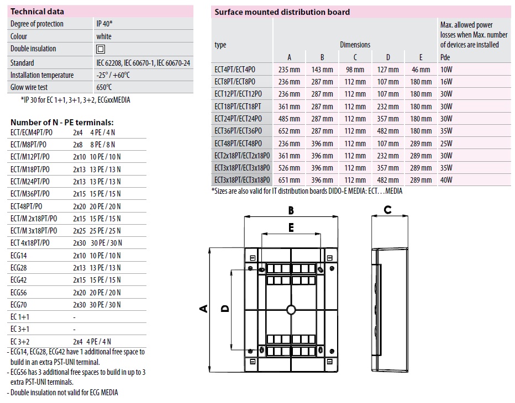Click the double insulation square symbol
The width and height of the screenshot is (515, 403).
pos(101,49)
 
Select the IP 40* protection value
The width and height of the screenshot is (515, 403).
pos(104,24)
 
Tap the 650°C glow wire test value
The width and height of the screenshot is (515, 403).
pos(104,87)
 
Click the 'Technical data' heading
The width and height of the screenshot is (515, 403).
pos(38,11)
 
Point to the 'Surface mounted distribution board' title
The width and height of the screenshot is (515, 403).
pos(282,12)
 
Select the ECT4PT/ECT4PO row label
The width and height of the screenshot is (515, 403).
pos(242,70)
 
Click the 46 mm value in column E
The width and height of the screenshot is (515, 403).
pos(421,70)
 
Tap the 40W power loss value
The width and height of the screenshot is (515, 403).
pos(446,180)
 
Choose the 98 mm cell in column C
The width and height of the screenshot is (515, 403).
pos(355,70)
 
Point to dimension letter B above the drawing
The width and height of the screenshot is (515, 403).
pos(291,210)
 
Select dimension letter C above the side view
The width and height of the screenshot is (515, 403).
pos(387,210)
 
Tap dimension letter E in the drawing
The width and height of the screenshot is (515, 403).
pos(291,226)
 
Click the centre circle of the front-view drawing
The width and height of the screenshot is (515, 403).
pos(291,309)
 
